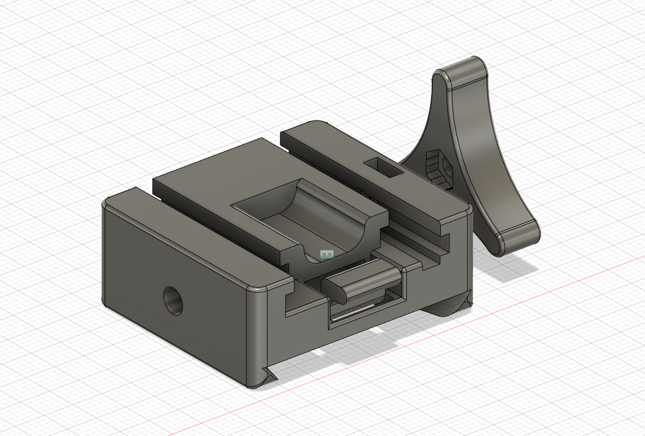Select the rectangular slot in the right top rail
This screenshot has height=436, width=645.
(383, 167)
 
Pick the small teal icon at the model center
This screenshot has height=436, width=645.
(327, 254)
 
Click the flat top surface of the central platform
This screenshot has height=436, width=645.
(216, 173)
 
